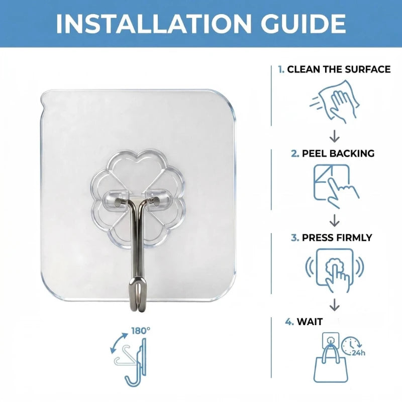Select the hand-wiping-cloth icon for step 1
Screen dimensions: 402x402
(334, 101)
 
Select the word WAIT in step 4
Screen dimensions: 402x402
(310, 322)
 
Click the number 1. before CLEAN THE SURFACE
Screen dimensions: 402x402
(281, 69)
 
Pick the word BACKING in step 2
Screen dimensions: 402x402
(352, 153)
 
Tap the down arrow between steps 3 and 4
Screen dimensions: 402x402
(335, 306)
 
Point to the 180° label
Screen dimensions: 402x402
(141, 331)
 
